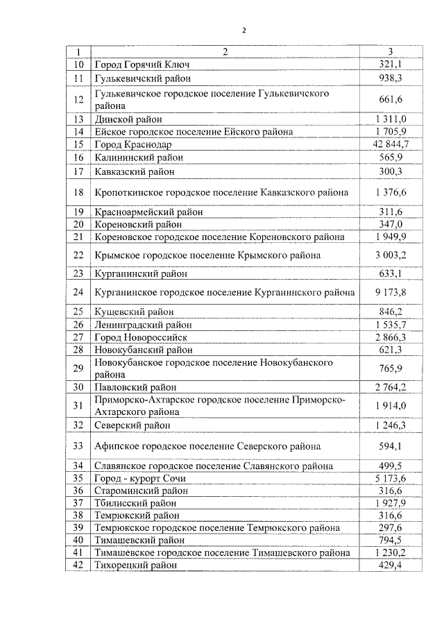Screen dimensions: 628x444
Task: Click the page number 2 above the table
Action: click(244, 30)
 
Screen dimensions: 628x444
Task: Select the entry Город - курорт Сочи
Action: click(141, 479)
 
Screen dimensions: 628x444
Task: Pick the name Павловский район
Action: click(135, 387)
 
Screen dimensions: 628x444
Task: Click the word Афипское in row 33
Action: click(117, 445)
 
